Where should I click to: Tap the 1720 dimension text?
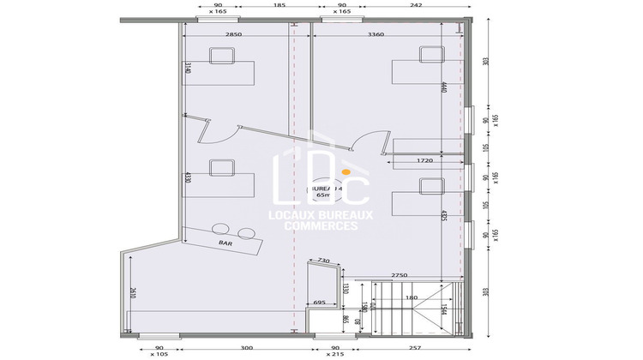[x=418, y=160]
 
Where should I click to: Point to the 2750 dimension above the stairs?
[x=404, y=274]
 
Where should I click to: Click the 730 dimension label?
[x=323, y=260]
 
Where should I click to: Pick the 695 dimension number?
[x=319, y=303]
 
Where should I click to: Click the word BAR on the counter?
[x=225, y=243]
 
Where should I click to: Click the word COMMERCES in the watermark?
[x=321, y=225]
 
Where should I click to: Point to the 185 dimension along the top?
[x=279, y=5]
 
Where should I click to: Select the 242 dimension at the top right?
[x=416, y=5]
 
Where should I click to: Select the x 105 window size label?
[x=159, y=354]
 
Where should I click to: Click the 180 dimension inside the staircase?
[x=411, y=297]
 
